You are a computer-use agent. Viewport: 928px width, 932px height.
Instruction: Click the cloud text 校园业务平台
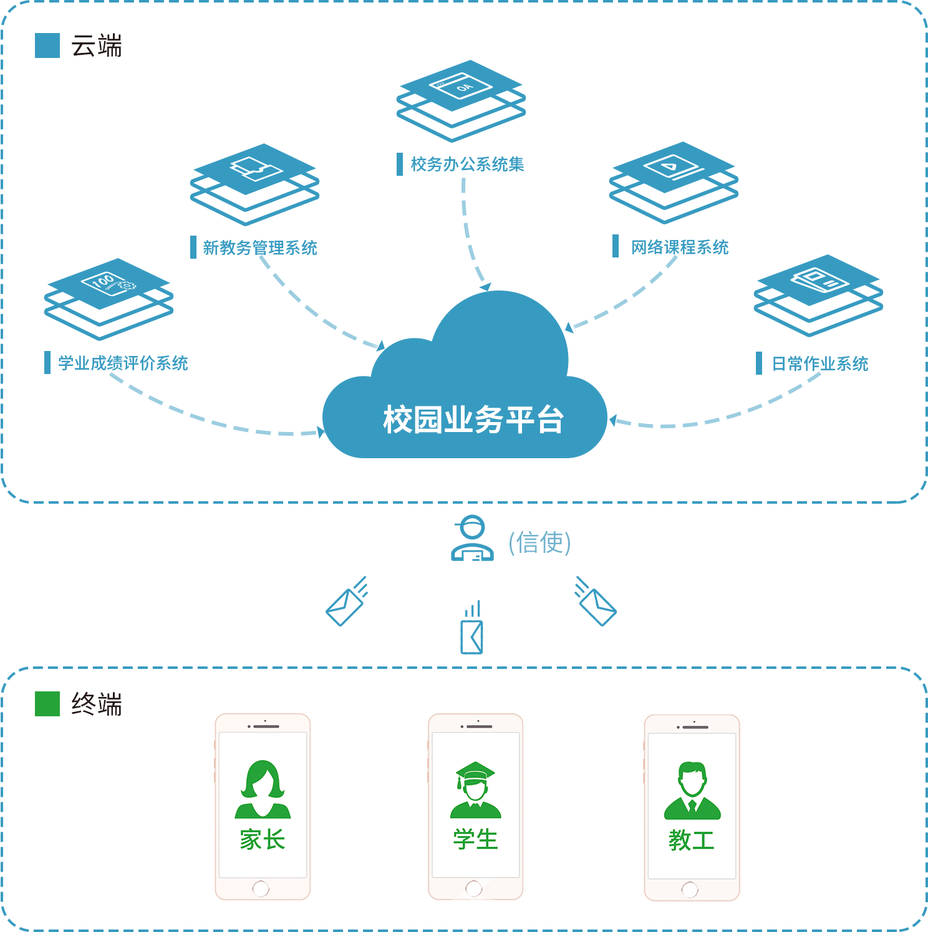pos(473,420)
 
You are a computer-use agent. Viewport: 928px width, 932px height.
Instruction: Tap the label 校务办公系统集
pos(466,165)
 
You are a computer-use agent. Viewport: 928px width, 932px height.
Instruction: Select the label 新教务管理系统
pos(259,248)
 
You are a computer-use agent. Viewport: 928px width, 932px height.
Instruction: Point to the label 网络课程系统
pos(679,247)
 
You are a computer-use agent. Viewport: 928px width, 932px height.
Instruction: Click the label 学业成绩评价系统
pos(123,363)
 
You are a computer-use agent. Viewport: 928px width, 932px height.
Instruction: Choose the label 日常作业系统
pos(819,364)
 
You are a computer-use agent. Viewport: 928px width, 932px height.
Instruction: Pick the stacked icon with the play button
pos(674,180)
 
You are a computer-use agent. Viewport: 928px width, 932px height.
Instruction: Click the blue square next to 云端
pos(47,46)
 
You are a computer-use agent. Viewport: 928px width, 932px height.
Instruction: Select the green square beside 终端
pos(47,704)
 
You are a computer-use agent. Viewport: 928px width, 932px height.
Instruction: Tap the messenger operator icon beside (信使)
pos(472,538)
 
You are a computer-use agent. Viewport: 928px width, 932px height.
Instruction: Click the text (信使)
pos(539,542)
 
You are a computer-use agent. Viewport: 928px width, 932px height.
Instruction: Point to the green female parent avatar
pos(263,789)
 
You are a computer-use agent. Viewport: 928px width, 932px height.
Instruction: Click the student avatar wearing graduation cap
pos(475,789)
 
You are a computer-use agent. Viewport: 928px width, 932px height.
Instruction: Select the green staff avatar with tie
pos(692,790)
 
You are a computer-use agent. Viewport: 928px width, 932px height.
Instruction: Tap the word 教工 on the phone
pos(691,840)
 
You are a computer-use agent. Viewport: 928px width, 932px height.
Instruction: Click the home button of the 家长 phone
pos(261,888)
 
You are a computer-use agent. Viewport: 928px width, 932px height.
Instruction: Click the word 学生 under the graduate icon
pos(475,840)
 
